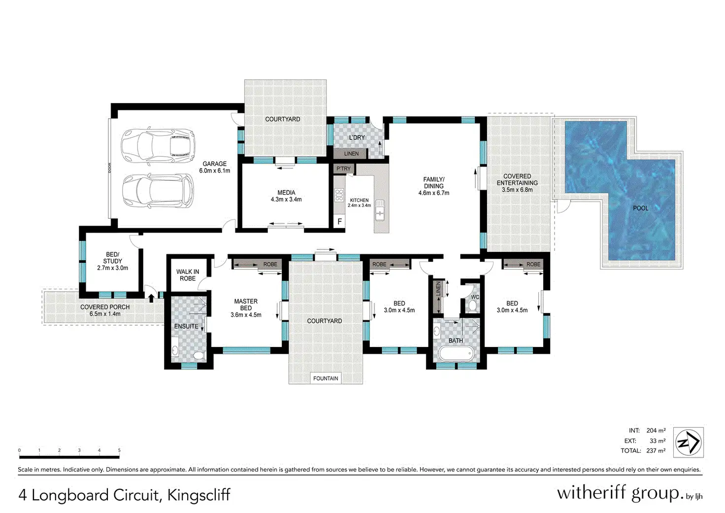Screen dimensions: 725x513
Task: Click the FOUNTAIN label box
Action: point(325,378)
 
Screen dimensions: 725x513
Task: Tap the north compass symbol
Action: point(688,442)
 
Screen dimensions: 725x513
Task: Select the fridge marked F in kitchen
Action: point(339,222)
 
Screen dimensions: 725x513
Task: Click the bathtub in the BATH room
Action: point(456,354)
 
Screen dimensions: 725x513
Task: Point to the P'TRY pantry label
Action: point(343,169)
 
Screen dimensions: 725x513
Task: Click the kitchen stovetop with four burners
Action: point(339,195)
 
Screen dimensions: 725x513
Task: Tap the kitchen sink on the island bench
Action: point(379,210)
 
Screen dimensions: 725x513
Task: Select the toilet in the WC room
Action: point(473,306)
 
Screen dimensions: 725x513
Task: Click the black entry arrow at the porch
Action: point(151,298)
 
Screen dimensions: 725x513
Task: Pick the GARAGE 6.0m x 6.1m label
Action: point(215,167)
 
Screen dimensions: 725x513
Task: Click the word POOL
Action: point(640,208)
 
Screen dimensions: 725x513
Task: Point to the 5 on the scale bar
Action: point(119,450)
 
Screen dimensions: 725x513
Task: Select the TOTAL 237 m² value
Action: point(656,450)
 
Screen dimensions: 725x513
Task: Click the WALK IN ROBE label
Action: point(188,275)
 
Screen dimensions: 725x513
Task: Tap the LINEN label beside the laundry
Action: point(351,154)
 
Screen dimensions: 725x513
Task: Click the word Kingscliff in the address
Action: point(198,495)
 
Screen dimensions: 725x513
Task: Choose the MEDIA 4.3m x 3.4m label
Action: point(286,196)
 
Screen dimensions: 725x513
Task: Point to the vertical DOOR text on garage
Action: point(110,168)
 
